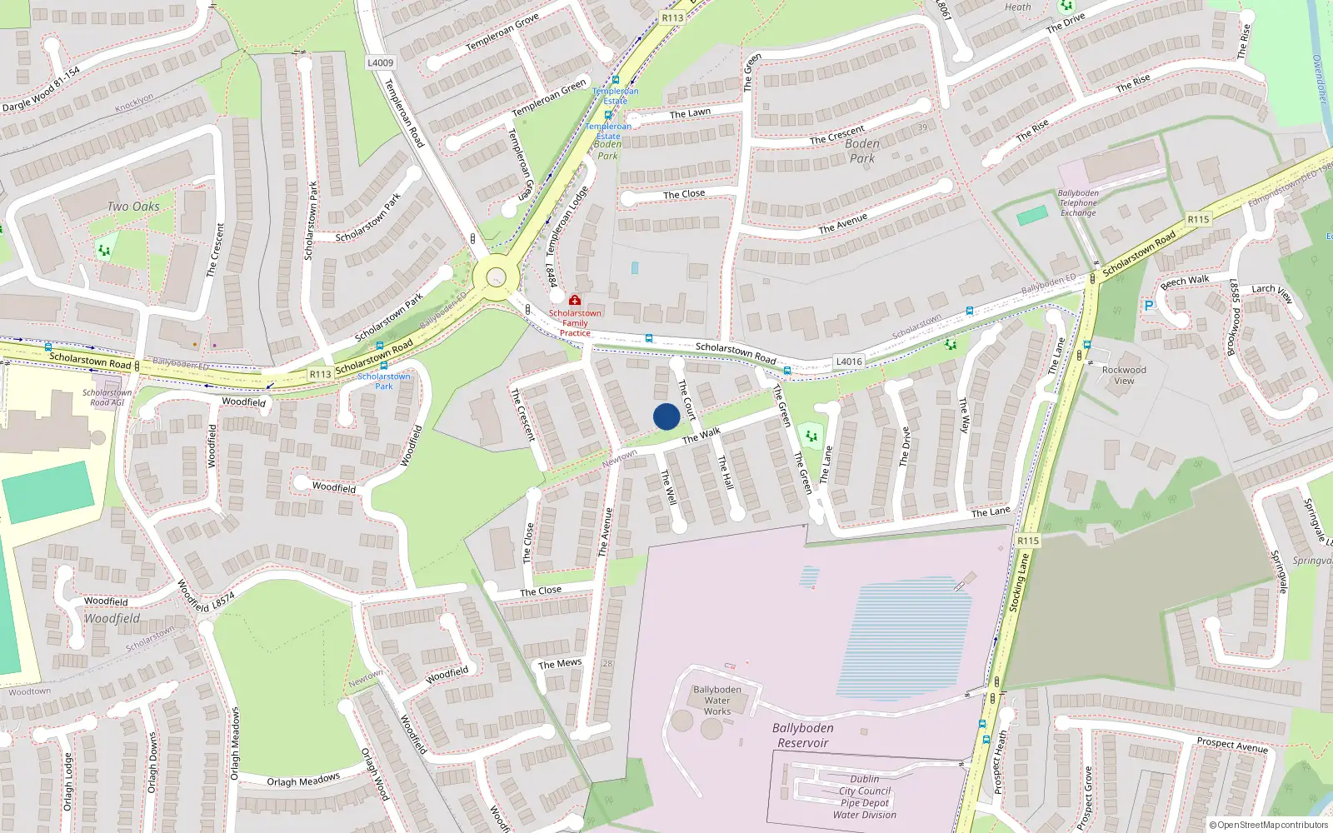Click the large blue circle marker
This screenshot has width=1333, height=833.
pos(666,416)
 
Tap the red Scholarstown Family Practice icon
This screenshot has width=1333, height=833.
pos(575,300)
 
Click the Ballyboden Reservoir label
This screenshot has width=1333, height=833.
pos(802,736)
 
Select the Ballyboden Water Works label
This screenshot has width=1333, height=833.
pos(716,701)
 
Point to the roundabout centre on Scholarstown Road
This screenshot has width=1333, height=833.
pos(497,277)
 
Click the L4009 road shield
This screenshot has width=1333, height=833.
pos(380,62)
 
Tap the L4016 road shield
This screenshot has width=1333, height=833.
pos(849,362)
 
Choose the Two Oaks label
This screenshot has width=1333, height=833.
pos(133,207)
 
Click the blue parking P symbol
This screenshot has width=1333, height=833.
pos(1149,306)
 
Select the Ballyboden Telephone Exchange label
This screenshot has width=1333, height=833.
pos(1078,202)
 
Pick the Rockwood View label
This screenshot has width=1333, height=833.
pos(1124,375)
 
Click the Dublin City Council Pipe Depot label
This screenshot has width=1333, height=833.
pos(865,797)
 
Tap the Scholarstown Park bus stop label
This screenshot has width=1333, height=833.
pos(383,382)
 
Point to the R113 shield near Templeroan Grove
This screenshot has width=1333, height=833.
pos(672,17)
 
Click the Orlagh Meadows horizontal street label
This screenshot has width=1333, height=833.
pos(303,781)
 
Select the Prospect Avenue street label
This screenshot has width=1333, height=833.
pos(1232,745)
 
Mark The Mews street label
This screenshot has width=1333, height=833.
pos(560,664)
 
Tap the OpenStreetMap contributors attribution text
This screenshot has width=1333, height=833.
pos(1269,826)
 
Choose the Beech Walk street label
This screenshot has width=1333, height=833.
pos(1185,282)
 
